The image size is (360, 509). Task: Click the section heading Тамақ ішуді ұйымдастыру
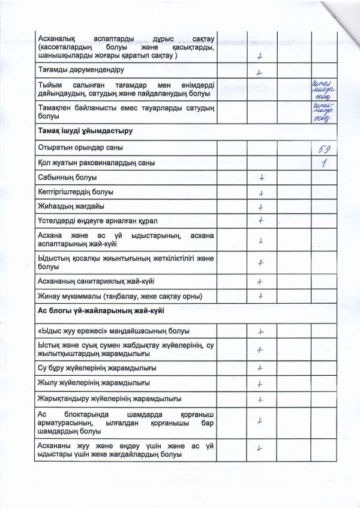pyautogui.click(x=85, y=130)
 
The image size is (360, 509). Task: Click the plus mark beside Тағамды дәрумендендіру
pyautogui.click(x=259, y=73)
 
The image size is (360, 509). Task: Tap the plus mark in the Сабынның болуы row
pyautogui.click(x=262, y=178)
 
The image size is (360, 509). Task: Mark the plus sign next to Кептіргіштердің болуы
pyautogui.click(x=262, y=193)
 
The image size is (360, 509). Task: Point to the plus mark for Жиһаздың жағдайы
pyautogui.click(x=261, y=208)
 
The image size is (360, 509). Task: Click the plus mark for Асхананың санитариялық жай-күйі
pyautogui.click(x=260, y=282)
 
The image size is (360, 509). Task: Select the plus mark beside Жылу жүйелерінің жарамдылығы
pyautogui.click(x=260, y=384)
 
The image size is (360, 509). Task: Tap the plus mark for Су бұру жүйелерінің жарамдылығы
pyautogui.click(x=260, y=368)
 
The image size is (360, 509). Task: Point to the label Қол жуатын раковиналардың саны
pyautogui.click(x=96, y=163)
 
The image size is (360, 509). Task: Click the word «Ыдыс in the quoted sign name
pyautogui.click(x=52, y=331)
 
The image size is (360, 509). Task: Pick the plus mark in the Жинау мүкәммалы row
pyautogui.click(x=261, y=296)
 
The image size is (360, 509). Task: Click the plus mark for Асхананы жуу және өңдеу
pyautogui.click(x=260, y=447)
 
